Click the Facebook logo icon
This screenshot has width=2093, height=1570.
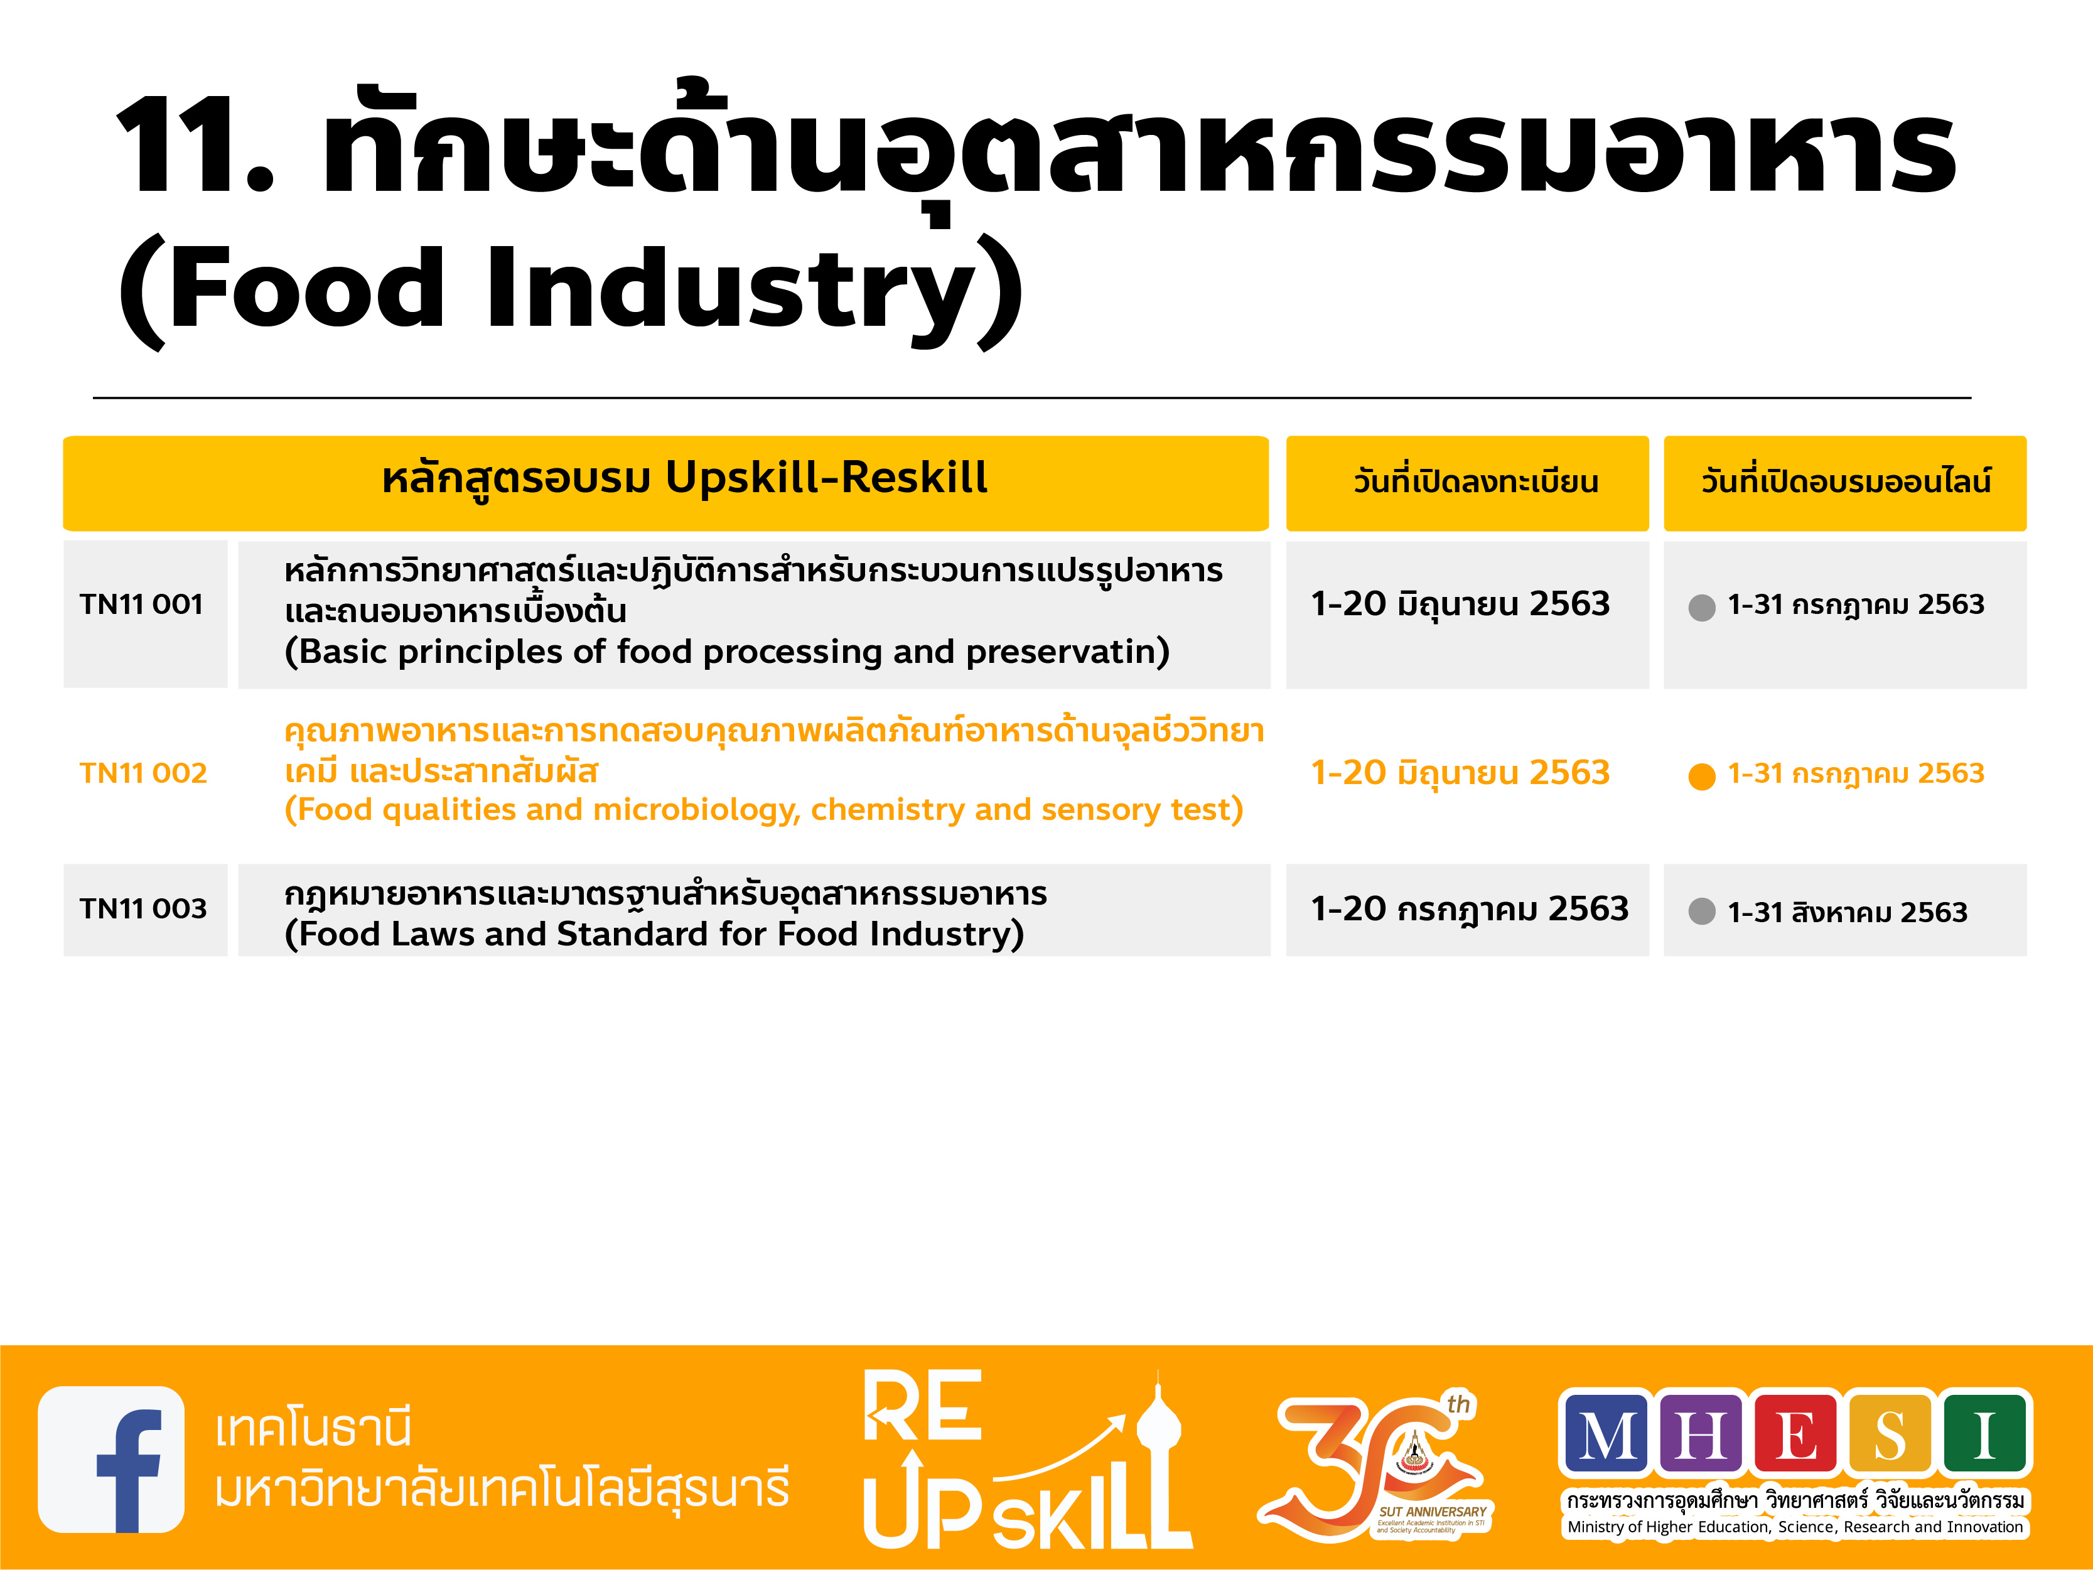[110, 1460]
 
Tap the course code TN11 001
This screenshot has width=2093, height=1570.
[142, 604]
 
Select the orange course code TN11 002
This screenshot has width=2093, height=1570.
[143, 773]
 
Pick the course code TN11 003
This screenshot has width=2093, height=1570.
[143, 908]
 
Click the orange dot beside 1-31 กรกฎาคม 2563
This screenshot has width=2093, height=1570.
[1701, 776]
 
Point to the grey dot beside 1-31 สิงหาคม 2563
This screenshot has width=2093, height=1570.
[1701, 911]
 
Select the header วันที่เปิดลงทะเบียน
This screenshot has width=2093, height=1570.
[1476, 481]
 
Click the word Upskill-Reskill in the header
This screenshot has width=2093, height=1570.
[827, 478]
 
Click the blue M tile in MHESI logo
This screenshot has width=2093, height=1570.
[1606, 1434]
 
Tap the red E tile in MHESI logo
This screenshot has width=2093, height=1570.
[1796, 1434]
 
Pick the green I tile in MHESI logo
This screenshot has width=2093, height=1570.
[1984, 1434]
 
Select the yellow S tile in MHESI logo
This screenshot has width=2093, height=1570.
[1890, 1434]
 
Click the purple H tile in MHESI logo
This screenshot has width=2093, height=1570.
[1701, 1434]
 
